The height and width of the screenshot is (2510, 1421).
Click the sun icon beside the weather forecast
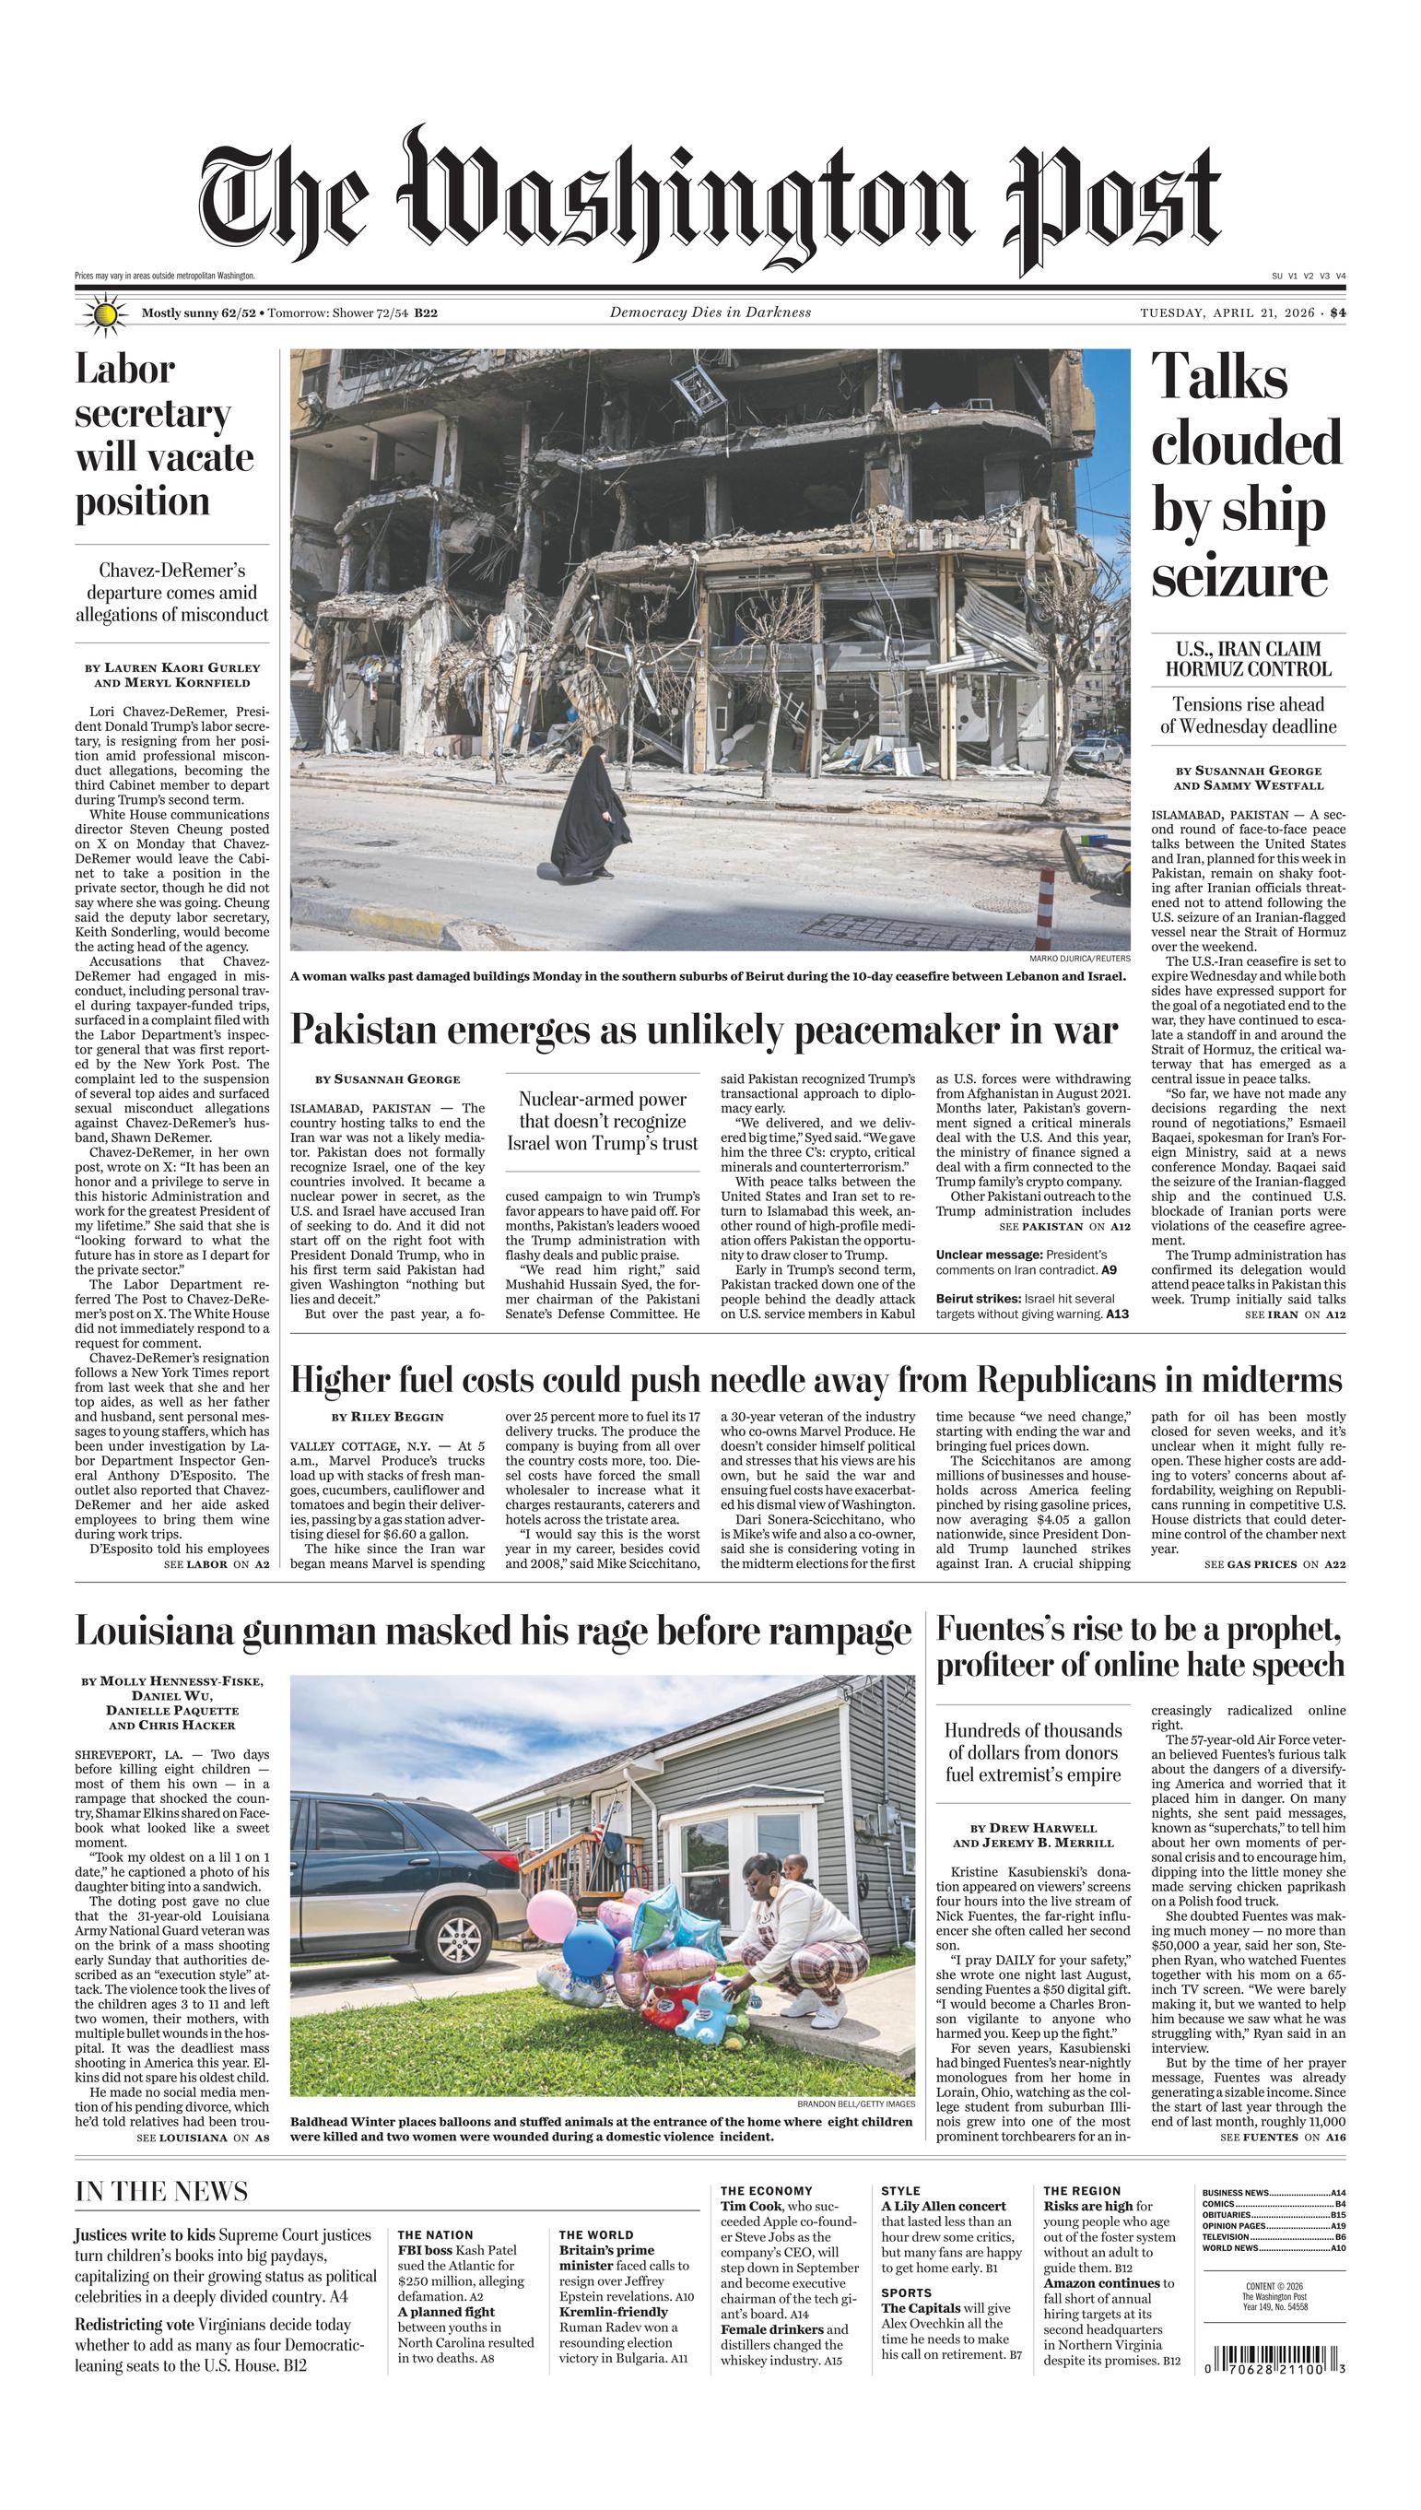click(105, 314)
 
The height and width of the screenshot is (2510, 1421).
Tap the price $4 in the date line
click(1337, 313)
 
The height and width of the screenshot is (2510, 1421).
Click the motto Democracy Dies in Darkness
click(710, 312)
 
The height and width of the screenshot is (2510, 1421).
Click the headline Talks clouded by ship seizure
click(1246, 477)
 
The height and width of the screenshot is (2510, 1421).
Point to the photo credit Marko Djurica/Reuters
click(1079, 959)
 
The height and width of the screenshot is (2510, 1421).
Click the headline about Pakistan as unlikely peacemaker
click(704, 1030)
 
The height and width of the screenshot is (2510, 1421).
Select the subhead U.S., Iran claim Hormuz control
click(1247, 659)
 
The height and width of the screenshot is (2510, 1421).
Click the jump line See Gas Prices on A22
click(1274, 1564)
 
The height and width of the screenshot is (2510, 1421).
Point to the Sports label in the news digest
click(906, 2292)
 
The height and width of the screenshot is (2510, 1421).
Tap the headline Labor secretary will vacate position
click(164, 435)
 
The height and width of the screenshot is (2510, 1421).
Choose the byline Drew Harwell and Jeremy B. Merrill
click(1032, 1834)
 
